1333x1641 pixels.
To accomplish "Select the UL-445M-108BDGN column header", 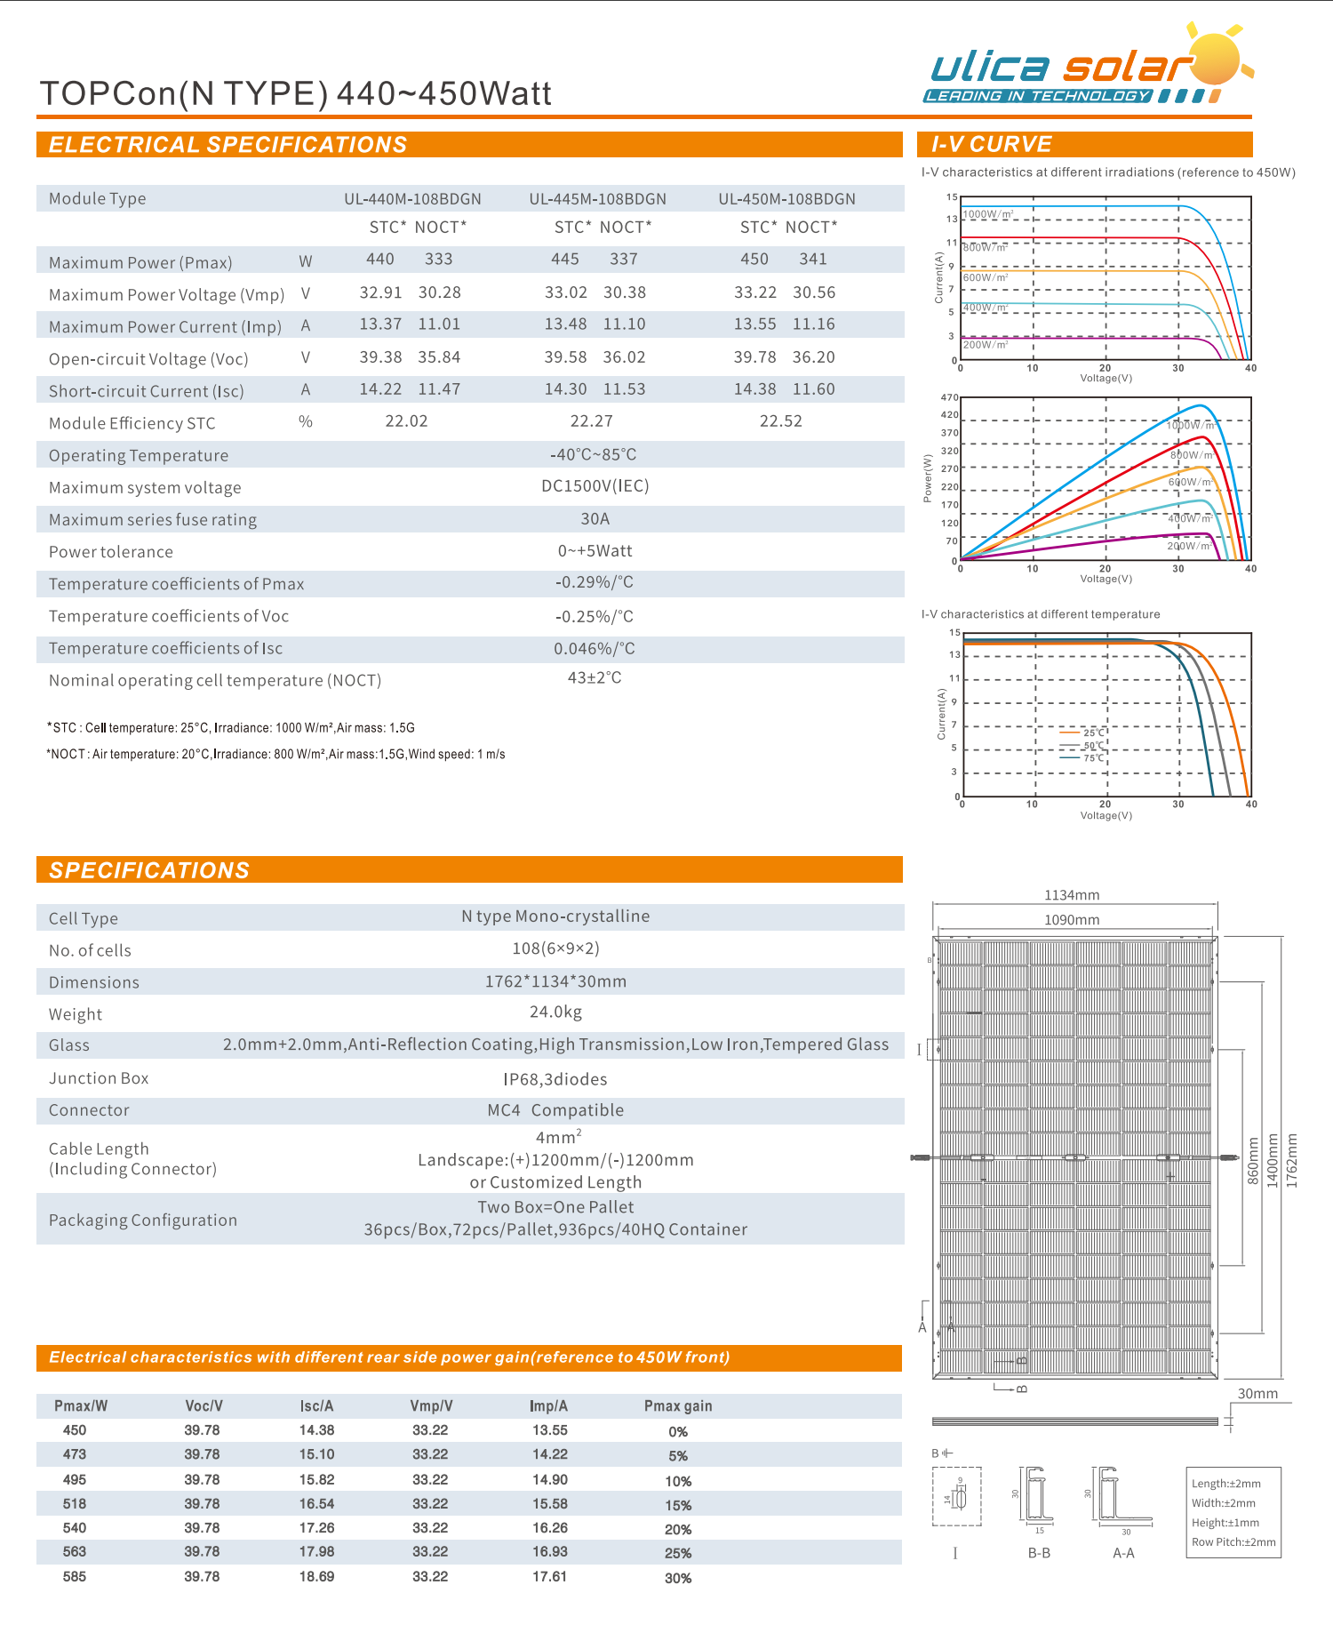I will pyautogui.click(x=597, y=199).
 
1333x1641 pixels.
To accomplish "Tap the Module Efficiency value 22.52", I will pyautogui.click(x=780, y=421).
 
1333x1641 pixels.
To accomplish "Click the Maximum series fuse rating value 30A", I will pyautogui.click(x=595, y=518).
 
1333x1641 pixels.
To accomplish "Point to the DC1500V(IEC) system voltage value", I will pyautogui.click(x=595, y=486).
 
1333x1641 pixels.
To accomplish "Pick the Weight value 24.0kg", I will pyautogui.click(x=555, y=1012).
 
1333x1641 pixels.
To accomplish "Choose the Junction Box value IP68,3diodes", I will pyautogui.click(x=555, y=1079).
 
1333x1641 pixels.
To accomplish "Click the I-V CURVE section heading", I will pyautogui.click(x=991, y=144).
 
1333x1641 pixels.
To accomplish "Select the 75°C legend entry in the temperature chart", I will pyautogui.click(x=1093, y=758).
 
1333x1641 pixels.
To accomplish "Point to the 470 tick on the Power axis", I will pyautogui.click(x=949, y=397).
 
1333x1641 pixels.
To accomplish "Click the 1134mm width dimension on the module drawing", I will pyautogui.click(x=1072, y=895).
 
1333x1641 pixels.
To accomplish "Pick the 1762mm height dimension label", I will pyautogui.click(x=1291, y=1160).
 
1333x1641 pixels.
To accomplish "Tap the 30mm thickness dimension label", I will pyautogui.click(x=1257, y=1394).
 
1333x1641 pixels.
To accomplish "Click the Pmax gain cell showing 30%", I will pyautogui.click(x=678, y=1578).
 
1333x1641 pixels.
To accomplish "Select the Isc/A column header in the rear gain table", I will pyautogui.click(x=316, y=1405).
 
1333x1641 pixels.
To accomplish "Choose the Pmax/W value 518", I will pyautogui.click(x=75, y=1503).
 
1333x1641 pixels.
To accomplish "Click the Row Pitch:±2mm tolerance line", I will pyautogui.click(x=1233, y=1542).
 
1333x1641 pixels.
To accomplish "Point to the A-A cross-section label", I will pyautogui.click(x=1123, y=1553).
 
